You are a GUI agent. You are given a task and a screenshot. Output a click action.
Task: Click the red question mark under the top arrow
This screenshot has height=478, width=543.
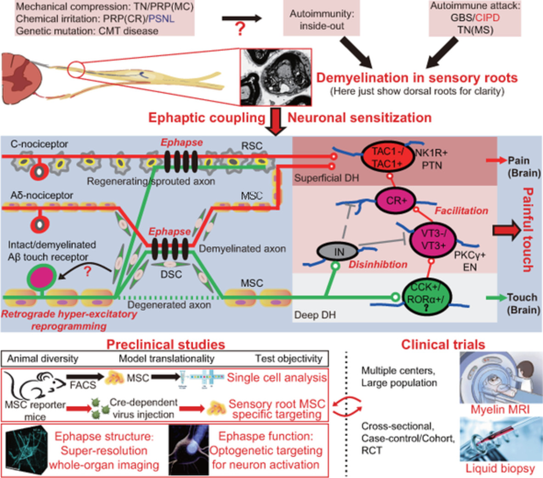point(240,29)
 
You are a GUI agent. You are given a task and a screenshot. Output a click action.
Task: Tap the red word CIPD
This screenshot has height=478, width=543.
point(487,18)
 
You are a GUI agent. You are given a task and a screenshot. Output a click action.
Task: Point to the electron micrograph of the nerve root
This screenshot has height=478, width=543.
point(276,78)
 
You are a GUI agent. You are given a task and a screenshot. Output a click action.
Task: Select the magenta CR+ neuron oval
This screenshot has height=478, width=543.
point(394,200)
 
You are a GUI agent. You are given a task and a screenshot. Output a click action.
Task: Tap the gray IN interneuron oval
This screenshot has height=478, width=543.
point(339,251)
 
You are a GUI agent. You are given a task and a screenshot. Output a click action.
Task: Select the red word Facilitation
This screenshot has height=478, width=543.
point(461,211)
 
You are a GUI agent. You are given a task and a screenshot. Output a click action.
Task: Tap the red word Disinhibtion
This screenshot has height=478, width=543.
point(378,265)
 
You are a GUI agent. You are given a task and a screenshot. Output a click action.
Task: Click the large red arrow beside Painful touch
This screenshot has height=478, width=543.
point(505,230)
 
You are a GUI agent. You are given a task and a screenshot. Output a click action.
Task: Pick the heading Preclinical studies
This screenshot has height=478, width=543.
point(165,344)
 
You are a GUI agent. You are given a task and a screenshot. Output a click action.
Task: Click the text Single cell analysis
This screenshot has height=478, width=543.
point(277,378)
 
